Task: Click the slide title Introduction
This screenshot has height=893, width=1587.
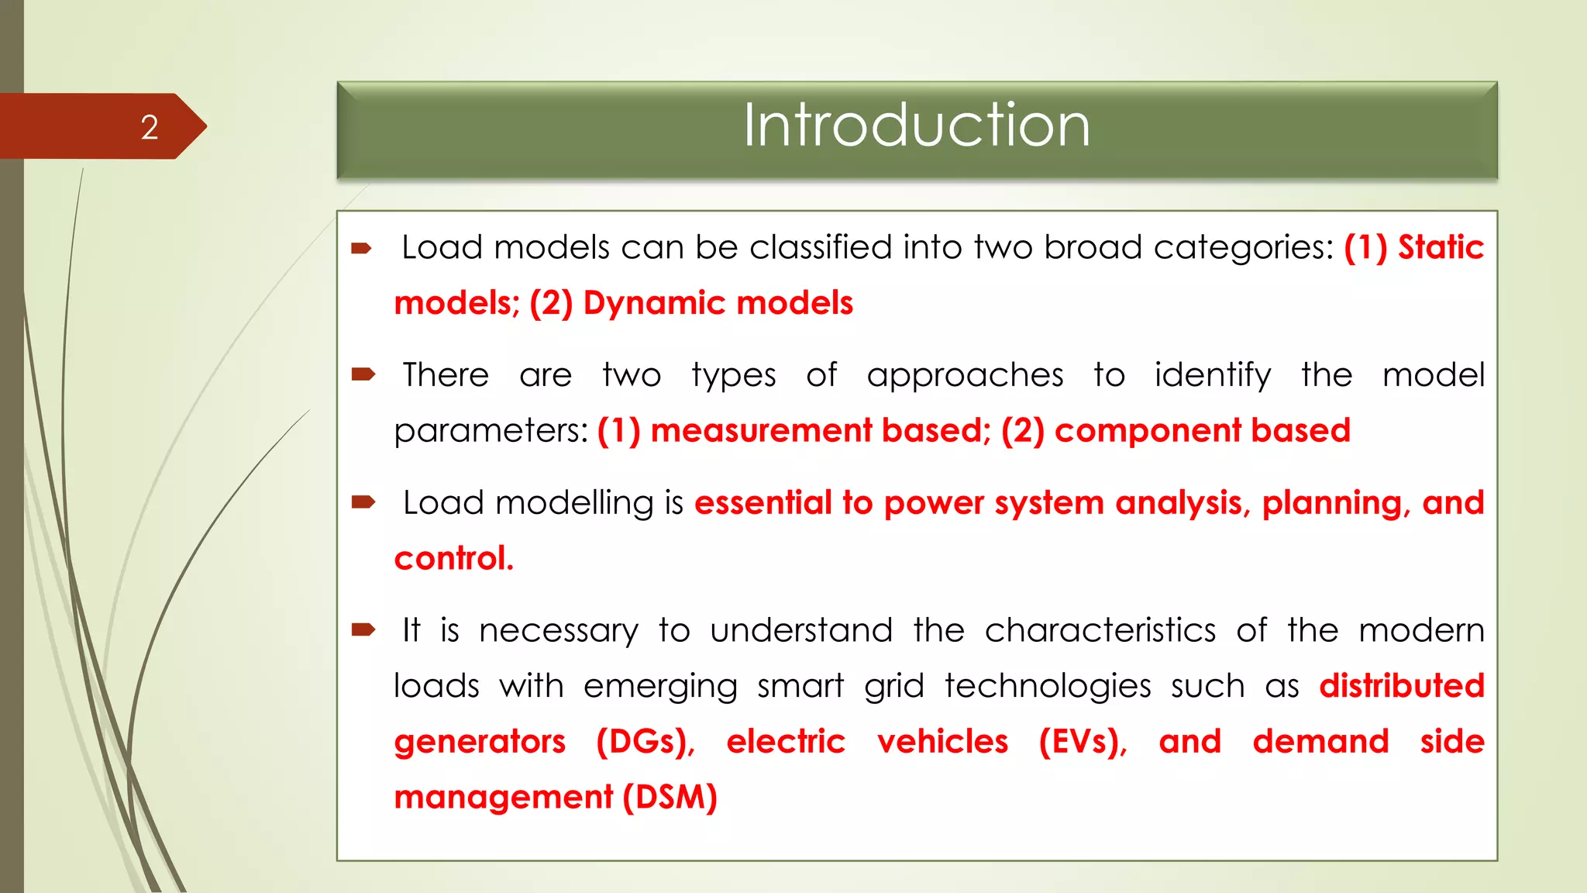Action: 917,126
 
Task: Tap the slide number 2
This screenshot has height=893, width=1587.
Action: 150,128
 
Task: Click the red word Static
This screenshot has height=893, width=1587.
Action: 1441,248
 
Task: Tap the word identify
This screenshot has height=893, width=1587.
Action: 1213,376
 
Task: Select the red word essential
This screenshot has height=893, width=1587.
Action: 763,503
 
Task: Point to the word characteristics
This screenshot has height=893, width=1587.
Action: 1100,630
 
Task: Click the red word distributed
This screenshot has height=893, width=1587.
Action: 1402,686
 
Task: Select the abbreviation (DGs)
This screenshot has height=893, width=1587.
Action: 645,742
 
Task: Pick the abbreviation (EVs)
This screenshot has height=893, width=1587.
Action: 1083,742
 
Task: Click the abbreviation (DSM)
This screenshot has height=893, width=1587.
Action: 670,798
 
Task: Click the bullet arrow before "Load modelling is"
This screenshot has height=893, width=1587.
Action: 363,503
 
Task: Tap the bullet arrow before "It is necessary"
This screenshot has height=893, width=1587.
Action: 363,630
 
